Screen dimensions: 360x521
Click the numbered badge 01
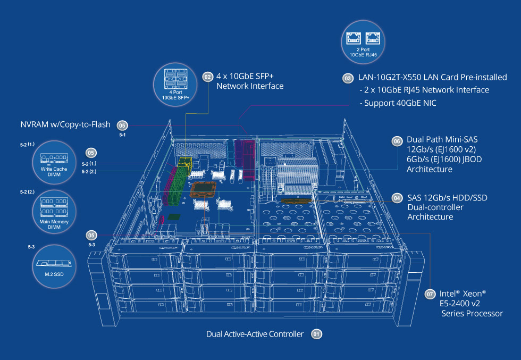coord(316,334)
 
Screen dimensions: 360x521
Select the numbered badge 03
coord(347,78)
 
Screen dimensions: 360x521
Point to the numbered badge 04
coord(397,198)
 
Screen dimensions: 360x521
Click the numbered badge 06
coord(397,141)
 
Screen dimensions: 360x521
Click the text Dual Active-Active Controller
coord(255,334)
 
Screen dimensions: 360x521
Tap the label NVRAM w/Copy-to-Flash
coord(65,125)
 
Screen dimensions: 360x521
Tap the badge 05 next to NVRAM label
coord(123,125)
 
